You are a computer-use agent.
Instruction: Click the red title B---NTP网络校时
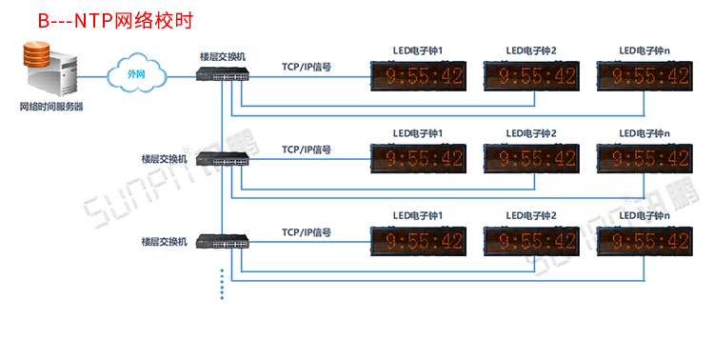click(x=115, y=21)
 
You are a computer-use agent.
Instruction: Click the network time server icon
click(x=50, y=69)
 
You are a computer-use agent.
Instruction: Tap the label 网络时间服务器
click(x=51, y=107)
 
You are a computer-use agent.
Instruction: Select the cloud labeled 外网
click(x=136, y=73)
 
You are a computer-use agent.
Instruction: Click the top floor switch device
click(x=223, y=74)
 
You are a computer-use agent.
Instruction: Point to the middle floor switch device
click(x=223, y=159)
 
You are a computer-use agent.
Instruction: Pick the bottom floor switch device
click(x=223, y=241)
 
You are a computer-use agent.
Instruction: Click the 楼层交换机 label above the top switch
click(x=223, y=57)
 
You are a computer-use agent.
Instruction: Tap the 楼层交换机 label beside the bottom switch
click(x=165, y=242)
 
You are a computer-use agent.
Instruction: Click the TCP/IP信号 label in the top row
click(x=307, y=67)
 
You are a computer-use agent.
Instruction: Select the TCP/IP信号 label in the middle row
click(x=307, y=150)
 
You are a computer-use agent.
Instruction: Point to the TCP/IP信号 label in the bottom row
click(x=307, y=232)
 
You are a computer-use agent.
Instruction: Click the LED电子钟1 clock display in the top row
click(x=419, y=76)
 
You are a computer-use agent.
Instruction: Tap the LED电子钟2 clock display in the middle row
click(x=531, y=159)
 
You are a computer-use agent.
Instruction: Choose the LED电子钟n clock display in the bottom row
click(x=645, y=241)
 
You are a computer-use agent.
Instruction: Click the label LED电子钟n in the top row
click(x=645, y=50)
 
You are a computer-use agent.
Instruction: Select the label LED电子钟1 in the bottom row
click(x=418, y=215)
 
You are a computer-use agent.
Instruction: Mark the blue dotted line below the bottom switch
click(x=222, y=285)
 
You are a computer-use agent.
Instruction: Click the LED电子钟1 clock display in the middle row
click(x=419, y=159)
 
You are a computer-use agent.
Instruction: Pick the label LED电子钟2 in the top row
click(x=531, y=50)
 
